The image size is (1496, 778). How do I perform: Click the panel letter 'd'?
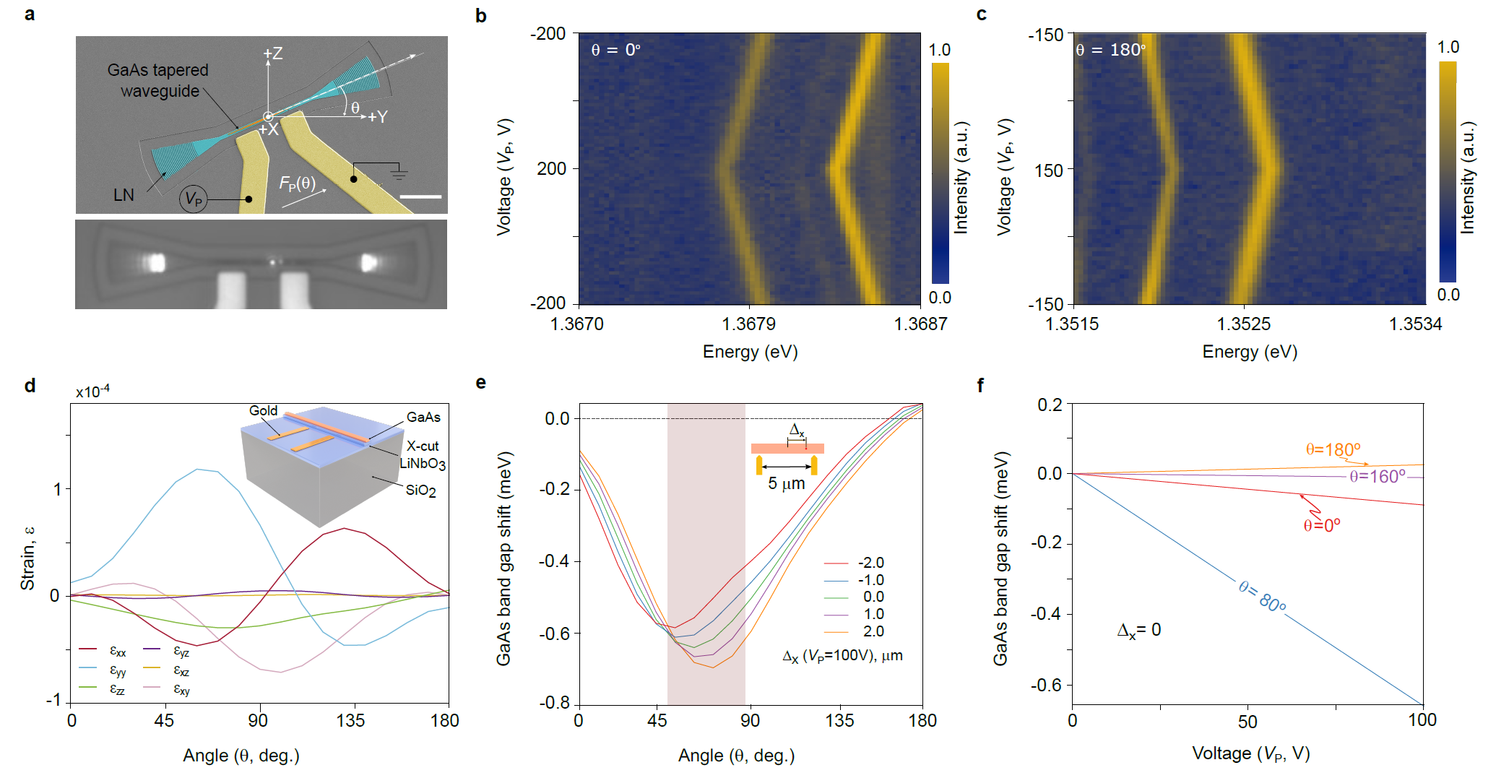30,385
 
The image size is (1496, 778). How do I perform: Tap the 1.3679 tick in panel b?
750,324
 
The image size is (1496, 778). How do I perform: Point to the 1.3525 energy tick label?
1243,324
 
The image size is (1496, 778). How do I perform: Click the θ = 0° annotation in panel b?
615,50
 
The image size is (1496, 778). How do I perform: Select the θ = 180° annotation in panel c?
1110,50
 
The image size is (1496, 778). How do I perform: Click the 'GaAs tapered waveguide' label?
158,80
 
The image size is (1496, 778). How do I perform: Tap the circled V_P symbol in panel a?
194,199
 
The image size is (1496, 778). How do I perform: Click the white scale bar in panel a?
420,196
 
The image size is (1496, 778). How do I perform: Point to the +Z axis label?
273,53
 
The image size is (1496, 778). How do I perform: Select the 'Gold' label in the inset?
263,410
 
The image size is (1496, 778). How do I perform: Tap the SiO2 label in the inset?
420,490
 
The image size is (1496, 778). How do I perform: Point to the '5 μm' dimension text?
786,483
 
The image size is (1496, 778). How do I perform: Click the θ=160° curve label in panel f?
1378,477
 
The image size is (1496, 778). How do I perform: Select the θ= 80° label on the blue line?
1262,597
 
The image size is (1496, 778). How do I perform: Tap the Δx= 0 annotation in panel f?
1139,630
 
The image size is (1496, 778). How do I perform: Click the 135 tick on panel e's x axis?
839,720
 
